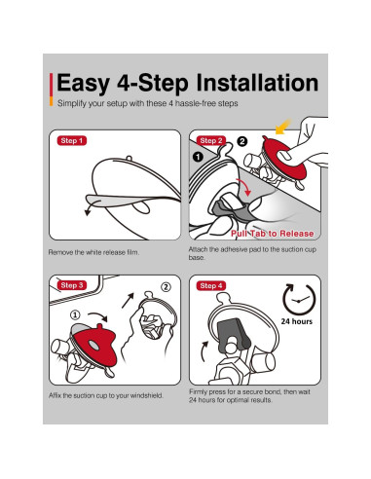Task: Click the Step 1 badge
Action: coord(72,140)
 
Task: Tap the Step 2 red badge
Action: coord(211,140)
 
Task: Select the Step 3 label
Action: coord(72,285)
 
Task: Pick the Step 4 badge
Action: coord(211,285)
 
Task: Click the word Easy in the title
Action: coord(84,84)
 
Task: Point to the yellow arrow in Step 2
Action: coord(282,127)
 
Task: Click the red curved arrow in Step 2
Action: coord(244,187)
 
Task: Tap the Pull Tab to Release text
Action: coord(272,234)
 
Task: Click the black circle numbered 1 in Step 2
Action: coord(198,157)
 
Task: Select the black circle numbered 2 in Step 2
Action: coord(242,141)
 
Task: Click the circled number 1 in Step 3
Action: coord(75,314)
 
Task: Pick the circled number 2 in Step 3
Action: coord(166,287)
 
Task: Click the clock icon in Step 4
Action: coord(299,301)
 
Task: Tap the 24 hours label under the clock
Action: coord(297,321)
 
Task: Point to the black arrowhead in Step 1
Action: coord(88,212)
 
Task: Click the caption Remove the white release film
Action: coord(93,252)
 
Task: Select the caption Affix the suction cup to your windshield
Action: coord(106,395)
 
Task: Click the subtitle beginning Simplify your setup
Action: coord(148,103)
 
